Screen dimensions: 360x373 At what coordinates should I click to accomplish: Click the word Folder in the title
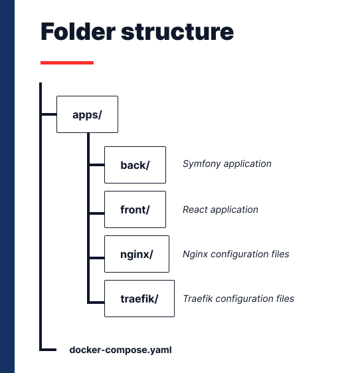[78, 31]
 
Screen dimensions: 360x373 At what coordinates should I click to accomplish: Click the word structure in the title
[177, 32]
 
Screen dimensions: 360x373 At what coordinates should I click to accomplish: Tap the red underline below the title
[67, 62]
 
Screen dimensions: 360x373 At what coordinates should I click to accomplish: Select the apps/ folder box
[87, 114]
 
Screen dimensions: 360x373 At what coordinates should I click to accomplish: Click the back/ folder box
[135, 165]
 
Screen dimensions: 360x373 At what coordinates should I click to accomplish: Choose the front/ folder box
[135, 209]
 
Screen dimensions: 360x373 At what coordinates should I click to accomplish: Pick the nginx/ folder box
[137, 254]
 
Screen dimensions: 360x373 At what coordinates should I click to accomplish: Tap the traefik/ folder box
[139, 299]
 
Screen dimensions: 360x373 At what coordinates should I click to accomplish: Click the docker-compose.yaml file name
[120, 350]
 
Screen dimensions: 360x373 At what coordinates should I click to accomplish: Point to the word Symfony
[202, 164]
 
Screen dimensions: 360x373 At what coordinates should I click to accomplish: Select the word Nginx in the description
[195, 254]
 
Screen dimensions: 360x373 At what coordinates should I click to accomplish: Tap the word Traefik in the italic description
[198, 299]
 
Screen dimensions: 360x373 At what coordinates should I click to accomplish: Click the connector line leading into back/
[97, 165]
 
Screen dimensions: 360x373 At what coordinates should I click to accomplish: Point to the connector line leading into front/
[97, 213]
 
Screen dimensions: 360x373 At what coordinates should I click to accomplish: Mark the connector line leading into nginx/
[97, 257]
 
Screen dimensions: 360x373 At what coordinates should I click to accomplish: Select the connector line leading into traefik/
[97, 303]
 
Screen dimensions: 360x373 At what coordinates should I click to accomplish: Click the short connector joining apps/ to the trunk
[49, 114]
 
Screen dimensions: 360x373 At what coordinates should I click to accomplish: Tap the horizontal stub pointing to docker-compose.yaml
[49, 350]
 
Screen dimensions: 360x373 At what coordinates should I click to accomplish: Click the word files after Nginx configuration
[280, 254]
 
